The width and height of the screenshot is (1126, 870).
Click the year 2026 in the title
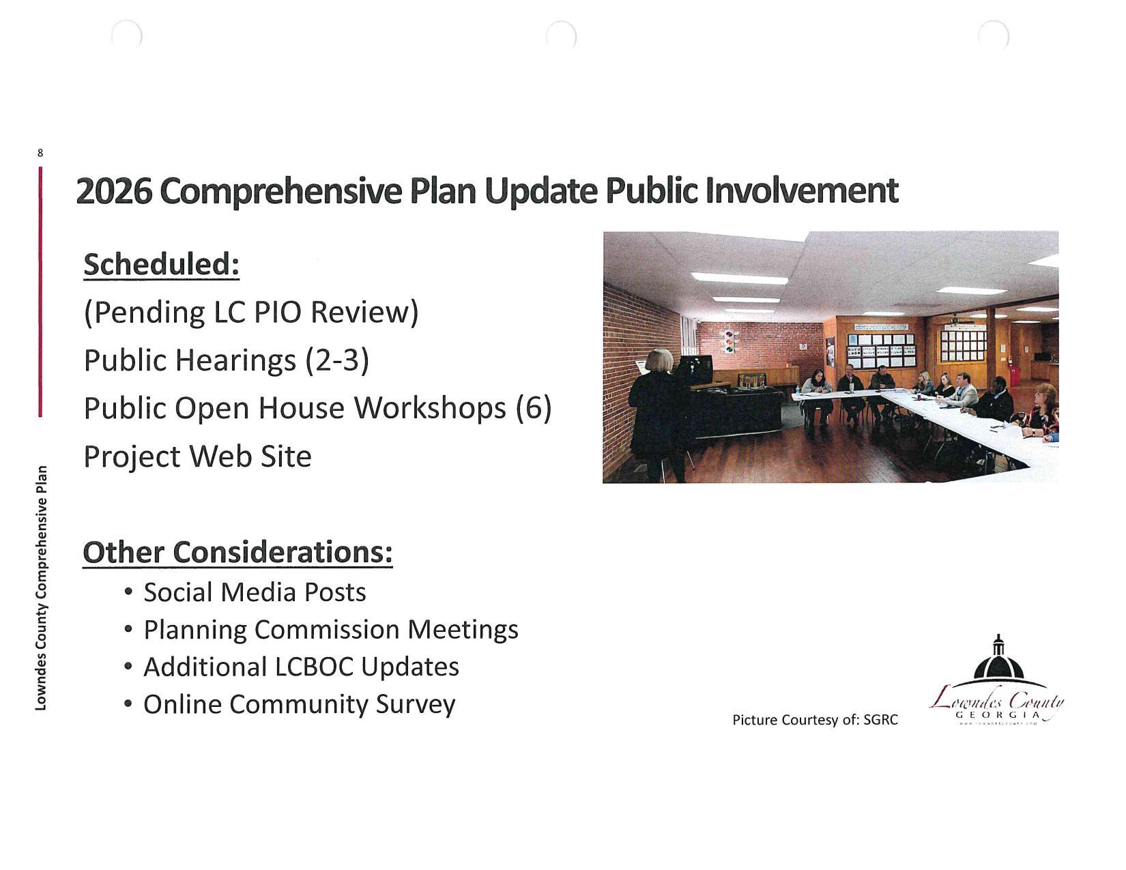click(x=113, y=191)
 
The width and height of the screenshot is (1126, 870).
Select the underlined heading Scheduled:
click(x=161, y=265)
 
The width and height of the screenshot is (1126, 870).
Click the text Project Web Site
click(x=197, y=456)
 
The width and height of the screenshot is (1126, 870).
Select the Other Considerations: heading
click(x=237, y=552)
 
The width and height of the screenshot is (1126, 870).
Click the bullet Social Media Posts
click(x=254, y=592)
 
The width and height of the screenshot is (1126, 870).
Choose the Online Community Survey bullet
click(x=298, y=704)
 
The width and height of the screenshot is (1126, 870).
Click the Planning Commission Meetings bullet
click(x=330, y=629)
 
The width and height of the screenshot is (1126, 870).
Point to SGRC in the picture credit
click(x=880, y=720)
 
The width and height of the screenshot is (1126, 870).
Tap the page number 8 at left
click(x=40, y=153)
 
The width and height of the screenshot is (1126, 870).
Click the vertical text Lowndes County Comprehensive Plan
click(x=42, y=587)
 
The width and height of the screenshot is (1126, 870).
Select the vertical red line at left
click(x=40, y=291)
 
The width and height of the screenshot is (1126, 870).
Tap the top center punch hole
click(x=561, y=34)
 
